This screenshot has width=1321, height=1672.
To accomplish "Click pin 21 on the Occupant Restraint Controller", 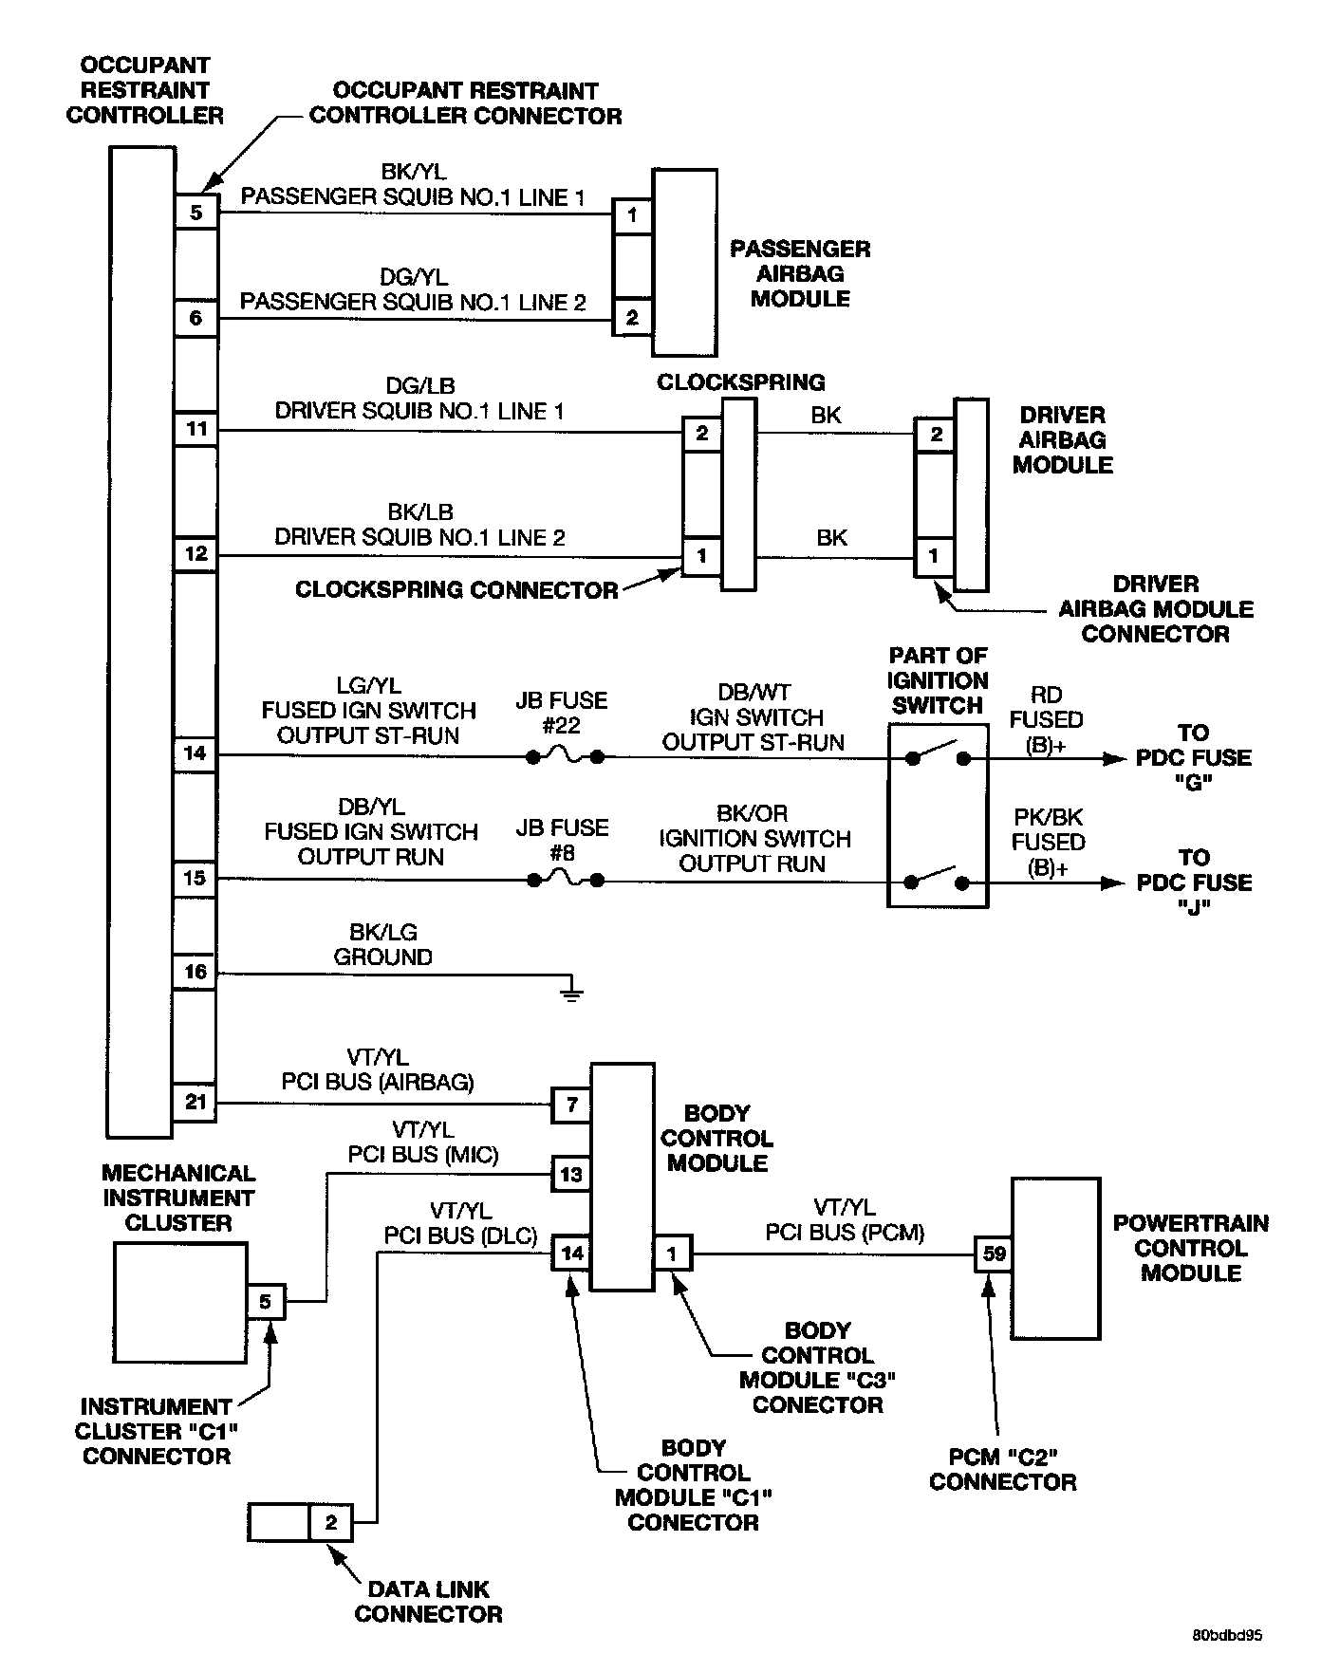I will (x=195, y=1103).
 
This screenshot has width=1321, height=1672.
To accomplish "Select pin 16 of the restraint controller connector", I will (x=195, y=972).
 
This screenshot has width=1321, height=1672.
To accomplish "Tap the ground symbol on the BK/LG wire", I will (x=571, y=993).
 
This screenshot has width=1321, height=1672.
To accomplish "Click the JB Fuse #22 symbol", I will (x=566, y=756).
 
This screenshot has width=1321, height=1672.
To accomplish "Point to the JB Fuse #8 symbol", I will (x=566, y=881).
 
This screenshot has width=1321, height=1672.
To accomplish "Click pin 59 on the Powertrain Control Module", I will (x=994, y=1254).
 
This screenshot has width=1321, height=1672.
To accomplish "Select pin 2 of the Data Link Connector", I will (x=331, y=1522).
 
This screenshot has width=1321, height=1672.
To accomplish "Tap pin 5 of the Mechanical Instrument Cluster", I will (x=266, y=1301).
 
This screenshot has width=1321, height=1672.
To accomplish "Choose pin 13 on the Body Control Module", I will (x=571, y=1175).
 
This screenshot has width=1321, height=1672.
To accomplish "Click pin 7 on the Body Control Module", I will (x=571, y=1105).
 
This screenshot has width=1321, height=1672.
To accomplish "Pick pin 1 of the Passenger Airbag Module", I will (x=633, y=215).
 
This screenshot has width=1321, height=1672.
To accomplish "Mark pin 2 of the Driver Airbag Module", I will (x=936, y=435).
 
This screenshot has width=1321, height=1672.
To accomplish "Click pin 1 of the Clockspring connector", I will (x=702, y=555).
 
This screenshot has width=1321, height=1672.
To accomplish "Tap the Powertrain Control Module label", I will (x=1190, y=1248).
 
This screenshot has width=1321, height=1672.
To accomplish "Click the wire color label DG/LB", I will (x=419, y=386).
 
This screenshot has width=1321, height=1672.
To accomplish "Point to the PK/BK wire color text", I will (x=1047, y=817).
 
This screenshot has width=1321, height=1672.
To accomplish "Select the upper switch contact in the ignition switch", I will (x=938, y=754).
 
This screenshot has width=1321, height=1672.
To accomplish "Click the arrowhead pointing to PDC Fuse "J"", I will (x=1111, y=882).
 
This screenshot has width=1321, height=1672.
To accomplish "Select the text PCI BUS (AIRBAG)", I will (x=378, y=1082).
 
